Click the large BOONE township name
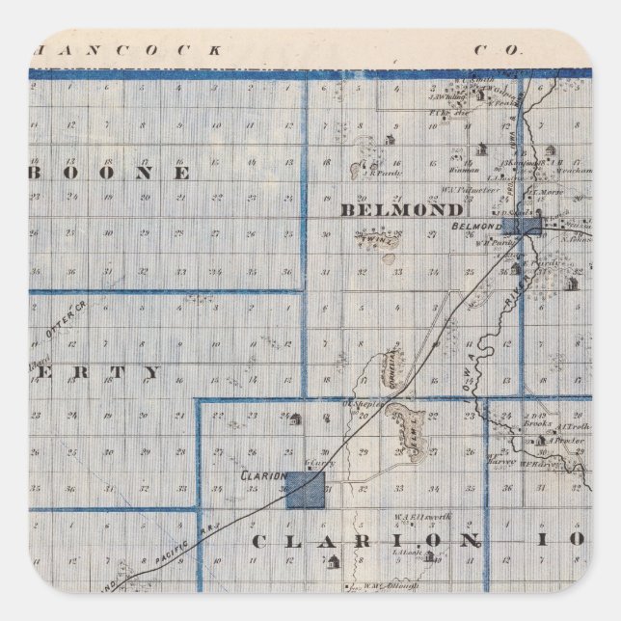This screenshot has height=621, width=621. click(x=136, y=174)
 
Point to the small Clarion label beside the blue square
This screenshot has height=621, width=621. click(x=262, y=476)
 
